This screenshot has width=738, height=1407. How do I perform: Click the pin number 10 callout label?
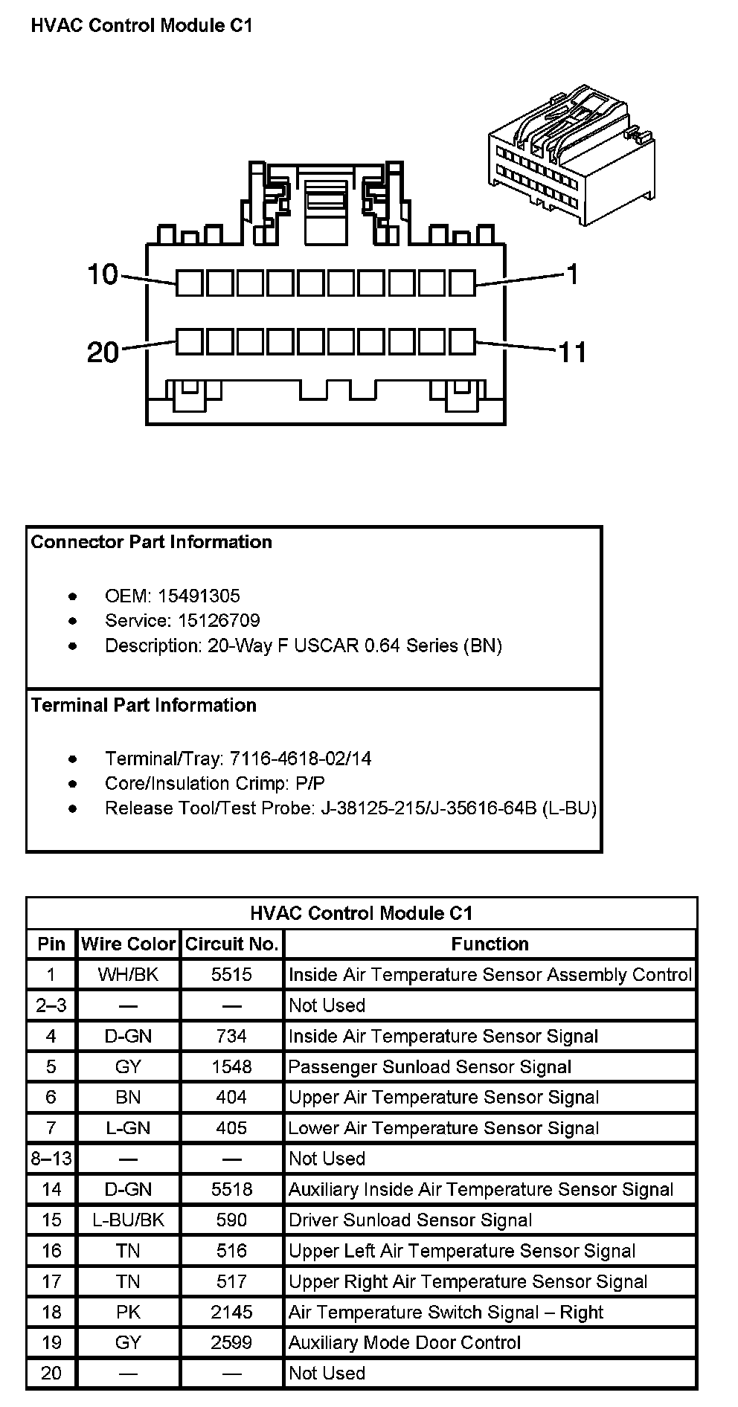pos(103,275)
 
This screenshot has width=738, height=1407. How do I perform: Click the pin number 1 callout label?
pos(572,275)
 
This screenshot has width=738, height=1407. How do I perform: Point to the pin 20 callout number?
pos(103,352)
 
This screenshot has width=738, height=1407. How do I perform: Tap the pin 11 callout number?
pos(572,352)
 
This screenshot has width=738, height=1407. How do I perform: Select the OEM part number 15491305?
pos(199,596)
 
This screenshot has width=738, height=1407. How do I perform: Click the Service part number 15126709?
pos(219,620)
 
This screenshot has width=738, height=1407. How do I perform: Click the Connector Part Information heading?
pos(152,542)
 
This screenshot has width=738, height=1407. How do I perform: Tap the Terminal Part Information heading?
pos(144,705)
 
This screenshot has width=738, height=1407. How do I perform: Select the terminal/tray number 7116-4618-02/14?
pos(301,759)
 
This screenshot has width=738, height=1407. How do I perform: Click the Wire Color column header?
pos(128,944)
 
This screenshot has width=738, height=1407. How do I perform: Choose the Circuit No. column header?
pos(231,944)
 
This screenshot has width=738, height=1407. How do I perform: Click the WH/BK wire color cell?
pos(128,974)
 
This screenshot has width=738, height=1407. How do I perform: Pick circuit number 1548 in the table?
pos(231,1066)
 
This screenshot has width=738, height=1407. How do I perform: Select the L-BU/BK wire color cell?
pos(128,1220)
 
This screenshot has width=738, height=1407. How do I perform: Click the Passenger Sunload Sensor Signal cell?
pos(429,1066)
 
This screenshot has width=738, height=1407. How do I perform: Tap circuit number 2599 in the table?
pos(231,1342)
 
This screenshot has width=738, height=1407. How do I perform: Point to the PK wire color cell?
pos(128,1312)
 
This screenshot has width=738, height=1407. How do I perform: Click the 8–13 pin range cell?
pos(51,1159)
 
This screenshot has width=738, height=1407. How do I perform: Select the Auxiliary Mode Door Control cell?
pos(405,1342)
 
